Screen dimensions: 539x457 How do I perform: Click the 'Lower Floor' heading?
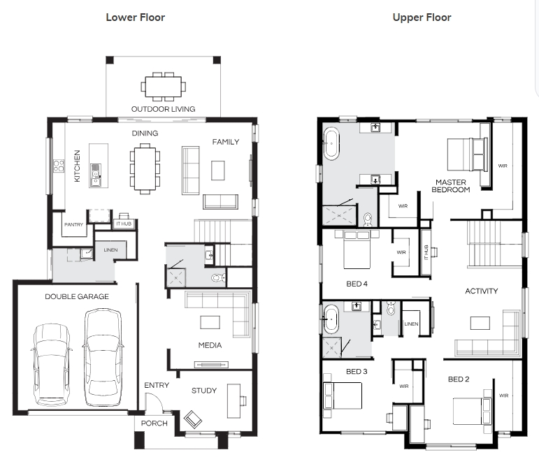click(x=136, y=17)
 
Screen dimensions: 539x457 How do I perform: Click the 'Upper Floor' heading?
click(x=422, y=17)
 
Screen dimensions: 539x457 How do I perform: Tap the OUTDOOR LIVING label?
click(x=164, y=109)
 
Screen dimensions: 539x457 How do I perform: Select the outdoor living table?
click(x=164, y=87)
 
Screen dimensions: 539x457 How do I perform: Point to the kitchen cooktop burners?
click(x=59, y=166)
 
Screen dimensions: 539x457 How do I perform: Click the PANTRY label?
click(x=73, y=224)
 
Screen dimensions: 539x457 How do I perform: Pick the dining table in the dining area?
click(x=145, y=168)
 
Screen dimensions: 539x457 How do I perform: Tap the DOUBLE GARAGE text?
click(x=77, y=296)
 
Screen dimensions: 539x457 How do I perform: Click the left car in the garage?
click(x=52, y=365)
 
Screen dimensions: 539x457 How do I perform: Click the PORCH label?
click(x=154, y=423)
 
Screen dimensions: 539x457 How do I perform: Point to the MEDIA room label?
click(x=210, y=345)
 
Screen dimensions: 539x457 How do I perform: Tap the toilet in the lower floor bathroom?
click(x=218, y=277)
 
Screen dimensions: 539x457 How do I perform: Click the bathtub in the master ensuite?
click(x=331, y=143)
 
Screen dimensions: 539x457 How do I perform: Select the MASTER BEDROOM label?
click(x=451, y=186)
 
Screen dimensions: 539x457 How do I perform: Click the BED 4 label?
click(x=357, y=284)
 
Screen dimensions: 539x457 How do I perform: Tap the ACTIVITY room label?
click(x=481, y=291)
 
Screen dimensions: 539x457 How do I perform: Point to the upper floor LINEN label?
click(x=411, y=324)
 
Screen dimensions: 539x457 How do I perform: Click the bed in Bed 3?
click(x=343, y=396)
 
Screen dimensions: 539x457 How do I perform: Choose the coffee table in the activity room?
click(x=480, y=323)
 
